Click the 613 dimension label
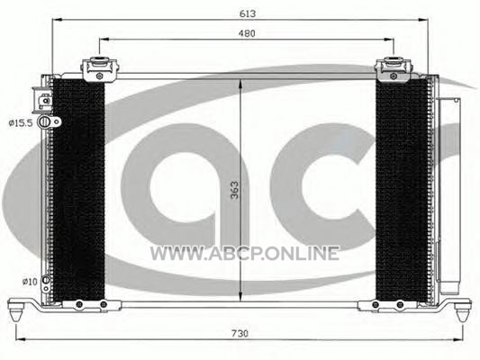(248, 13)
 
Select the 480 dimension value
(247, 33)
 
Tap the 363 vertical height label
(234, 190)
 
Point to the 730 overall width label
(240, 333)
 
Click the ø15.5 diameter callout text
(21, 123)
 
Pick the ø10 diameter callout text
(30, 282)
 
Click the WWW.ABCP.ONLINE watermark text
(245, 254)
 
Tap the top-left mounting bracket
(99, 69)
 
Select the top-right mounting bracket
(394, 69)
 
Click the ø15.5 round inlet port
(45, 121)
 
